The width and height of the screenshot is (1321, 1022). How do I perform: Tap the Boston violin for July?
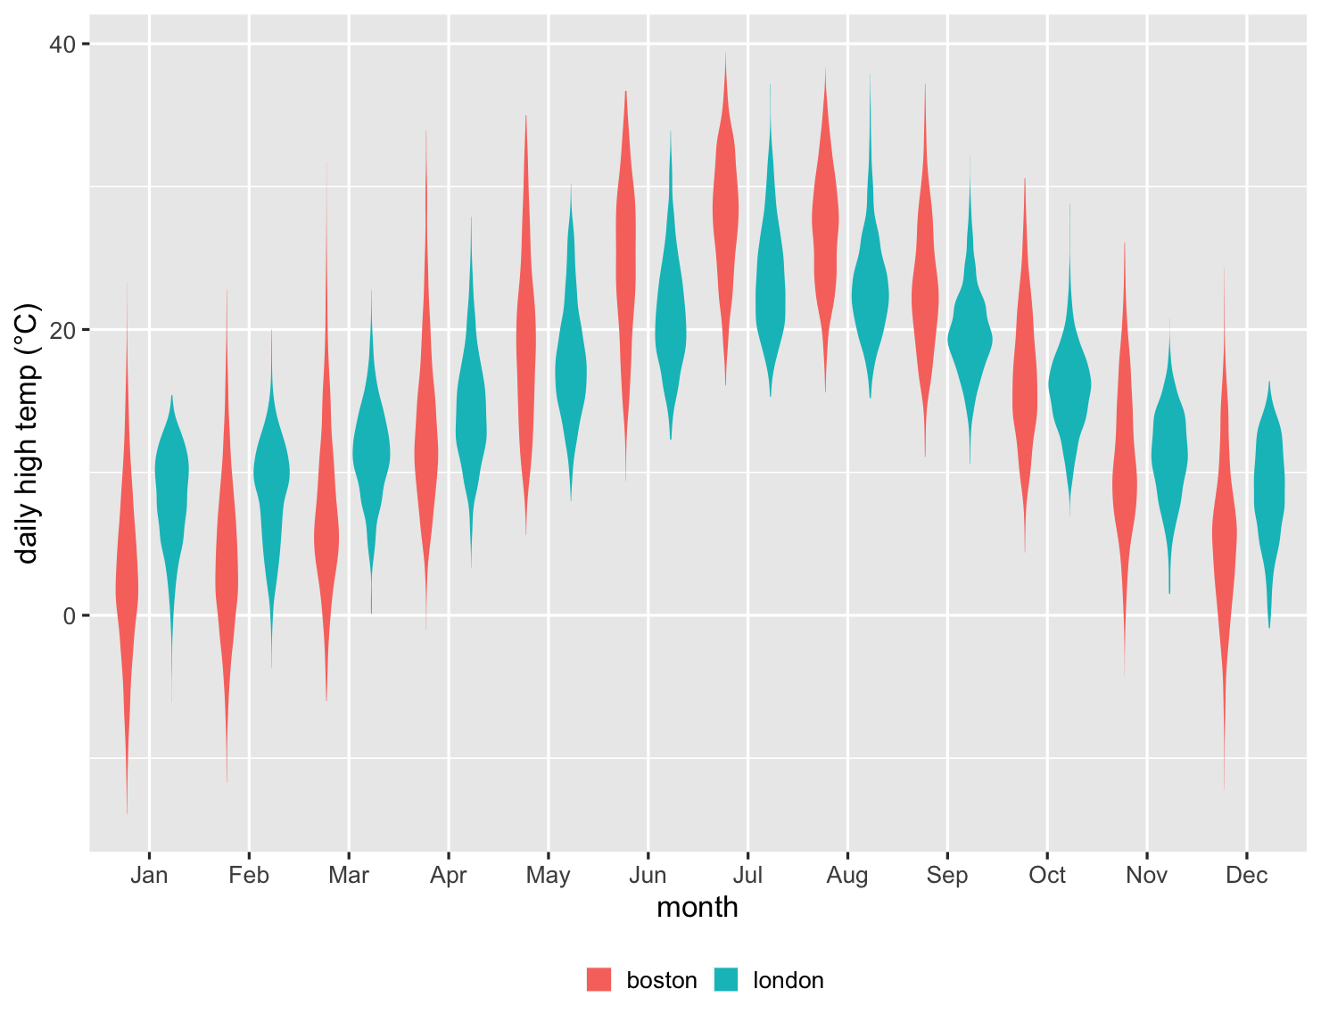725,214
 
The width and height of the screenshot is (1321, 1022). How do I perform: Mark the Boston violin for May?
526,339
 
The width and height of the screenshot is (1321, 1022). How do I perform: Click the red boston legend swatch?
599,979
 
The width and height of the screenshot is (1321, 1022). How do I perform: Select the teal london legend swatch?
726,979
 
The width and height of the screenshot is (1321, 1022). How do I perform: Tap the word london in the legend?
788,980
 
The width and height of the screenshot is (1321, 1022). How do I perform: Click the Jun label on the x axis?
648,875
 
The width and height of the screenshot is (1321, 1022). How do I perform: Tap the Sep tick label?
947,875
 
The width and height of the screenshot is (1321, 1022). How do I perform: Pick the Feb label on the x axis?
249,875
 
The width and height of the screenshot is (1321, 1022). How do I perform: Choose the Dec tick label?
1246,875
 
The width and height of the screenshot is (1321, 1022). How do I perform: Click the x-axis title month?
698,907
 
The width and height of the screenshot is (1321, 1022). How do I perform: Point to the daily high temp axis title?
28,434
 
